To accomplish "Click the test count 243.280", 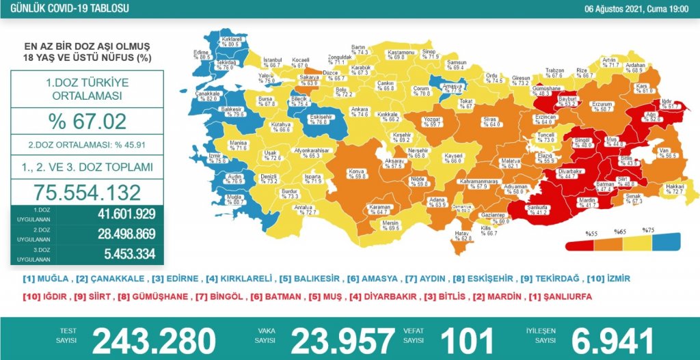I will (154, 340).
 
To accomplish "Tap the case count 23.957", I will (343, 340).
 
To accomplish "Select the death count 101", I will (466, 340).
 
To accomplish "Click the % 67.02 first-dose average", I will (87, 122).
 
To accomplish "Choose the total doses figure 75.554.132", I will (87, 192).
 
